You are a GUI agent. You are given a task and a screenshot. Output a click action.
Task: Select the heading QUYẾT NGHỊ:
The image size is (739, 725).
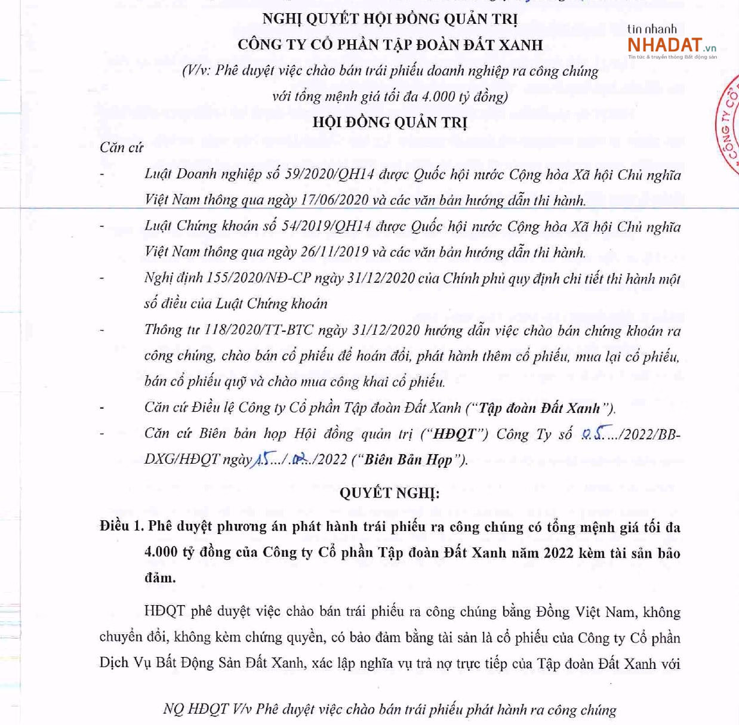click(x=389, y=493)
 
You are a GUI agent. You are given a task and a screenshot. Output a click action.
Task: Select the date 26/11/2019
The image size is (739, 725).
click(x=334, y=252)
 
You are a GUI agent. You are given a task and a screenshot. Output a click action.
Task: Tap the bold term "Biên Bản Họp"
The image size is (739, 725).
click(x=408, y=459)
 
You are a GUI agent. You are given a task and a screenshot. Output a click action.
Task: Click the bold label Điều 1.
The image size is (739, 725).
click(x=122, y=526)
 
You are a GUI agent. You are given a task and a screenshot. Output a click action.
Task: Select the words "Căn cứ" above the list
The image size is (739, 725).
click(x=121, y=147)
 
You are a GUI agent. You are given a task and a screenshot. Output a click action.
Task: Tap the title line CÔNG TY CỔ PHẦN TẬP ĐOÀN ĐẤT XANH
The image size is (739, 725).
click(x=390, y=45)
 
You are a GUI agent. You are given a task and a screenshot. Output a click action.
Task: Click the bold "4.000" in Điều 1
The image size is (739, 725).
click(x=161, y=552)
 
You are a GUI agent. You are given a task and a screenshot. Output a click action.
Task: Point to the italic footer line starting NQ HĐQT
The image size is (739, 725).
click(x=389, y=709)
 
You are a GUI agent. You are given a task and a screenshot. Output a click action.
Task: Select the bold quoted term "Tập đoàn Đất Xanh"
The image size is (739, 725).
click(x=539, y=408)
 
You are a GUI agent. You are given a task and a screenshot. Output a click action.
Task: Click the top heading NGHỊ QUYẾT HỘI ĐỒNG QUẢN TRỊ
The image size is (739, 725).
click(x=390, y=19)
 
